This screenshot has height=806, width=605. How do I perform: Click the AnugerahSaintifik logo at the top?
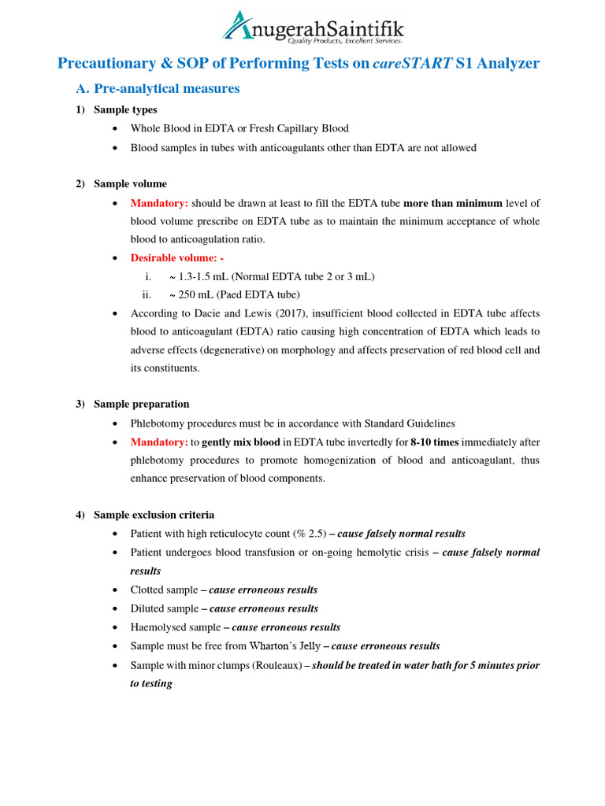point(313,27)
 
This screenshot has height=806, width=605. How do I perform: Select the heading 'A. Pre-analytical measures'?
point(158,89)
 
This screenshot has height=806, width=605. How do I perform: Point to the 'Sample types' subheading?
point(125,109)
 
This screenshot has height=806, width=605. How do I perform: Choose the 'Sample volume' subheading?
point(130,184)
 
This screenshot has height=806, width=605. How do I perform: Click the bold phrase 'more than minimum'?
point(452,203)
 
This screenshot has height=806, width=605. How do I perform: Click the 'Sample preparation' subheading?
point(141,405)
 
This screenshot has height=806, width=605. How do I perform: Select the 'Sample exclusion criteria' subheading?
point(154,516)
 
